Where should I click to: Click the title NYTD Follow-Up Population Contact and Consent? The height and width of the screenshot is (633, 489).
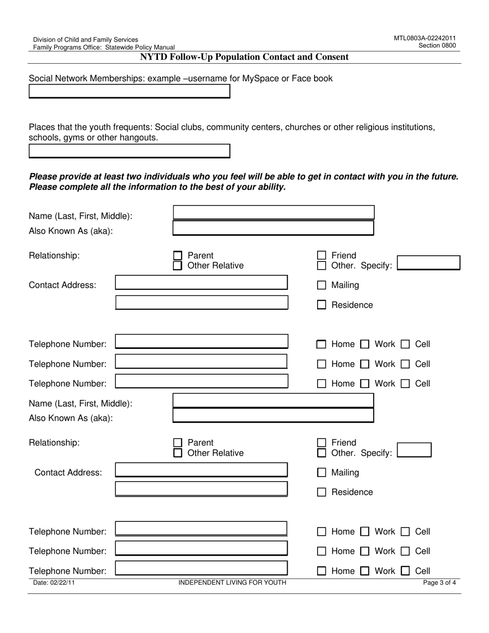(x=244, y=57)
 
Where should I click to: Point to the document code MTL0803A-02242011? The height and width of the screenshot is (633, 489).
(x=425, y=38)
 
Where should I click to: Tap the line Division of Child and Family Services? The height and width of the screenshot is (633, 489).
(x=85, y=40)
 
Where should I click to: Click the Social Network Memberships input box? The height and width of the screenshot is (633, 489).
(x=129, y=92)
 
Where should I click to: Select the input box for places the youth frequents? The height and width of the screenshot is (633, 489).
(x=129, y=151)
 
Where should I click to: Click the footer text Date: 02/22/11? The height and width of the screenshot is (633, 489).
(x=50, y=583)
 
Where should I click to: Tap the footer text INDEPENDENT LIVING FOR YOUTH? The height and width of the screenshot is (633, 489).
(x=232, y=583)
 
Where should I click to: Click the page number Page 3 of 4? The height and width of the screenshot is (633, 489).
(x=439, y=583)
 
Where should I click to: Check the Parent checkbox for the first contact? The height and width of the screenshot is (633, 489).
(x=178, y=256)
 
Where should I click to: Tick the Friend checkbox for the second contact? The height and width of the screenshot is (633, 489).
(x=322, y=443)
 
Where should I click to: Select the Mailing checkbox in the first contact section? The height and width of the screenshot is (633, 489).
(x=322, y=285)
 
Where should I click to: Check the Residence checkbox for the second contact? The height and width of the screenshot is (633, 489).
(x=322, y=492)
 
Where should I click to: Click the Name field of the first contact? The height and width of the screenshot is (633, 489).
(x=273, y=213)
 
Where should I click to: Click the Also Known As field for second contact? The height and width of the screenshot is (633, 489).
(x=273, y=415)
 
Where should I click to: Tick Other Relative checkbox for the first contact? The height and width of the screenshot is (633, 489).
(x=178, y=266)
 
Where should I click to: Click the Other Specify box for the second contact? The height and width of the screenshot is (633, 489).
(x=414, y=450)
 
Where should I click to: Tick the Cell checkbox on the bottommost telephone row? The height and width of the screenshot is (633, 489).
(x=406, y=571)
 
